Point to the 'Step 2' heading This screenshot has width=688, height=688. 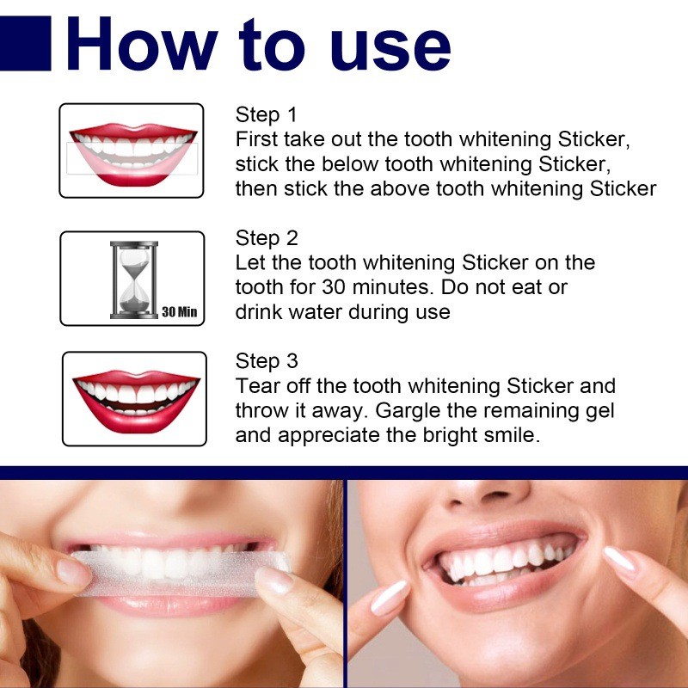pos(267,238)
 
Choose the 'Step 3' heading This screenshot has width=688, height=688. pos(267,362)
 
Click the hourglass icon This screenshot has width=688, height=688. pos(132,279)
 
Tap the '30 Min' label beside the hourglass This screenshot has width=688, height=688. pos(179,311)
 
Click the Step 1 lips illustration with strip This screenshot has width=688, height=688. pos(132,151)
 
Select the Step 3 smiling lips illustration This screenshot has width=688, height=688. pos(135,397)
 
